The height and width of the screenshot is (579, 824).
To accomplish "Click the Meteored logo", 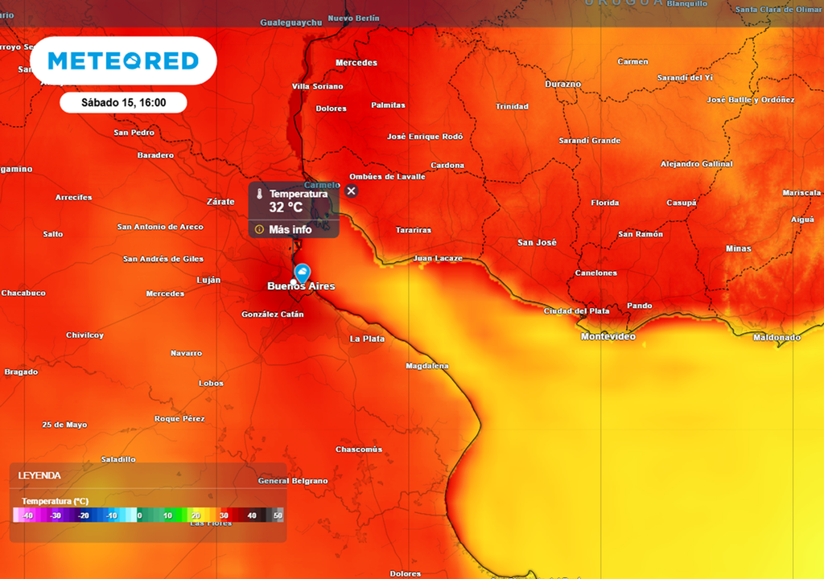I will pos(123,61).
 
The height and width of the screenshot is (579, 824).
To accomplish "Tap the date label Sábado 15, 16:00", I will pos(123,103).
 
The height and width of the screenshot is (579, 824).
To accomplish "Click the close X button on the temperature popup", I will pos(351,191).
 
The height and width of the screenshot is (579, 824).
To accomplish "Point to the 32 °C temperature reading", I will pos(286,207).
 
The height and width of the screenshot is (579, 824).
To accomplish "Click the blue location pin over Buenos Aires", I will pos(303,273).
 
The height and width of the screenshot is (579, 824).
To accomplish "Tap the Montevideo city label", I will pos(608,337).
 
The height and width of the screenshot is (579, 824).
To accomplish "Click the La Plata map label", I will pos(367,339).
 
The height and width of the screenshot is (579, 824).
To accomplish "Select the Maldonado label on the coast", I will pos(777,338).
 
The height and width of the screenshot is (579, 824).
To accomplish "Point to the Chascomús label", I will pos(359,450).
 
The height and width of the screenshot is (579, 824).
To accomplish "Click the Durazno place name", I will pos(562,84).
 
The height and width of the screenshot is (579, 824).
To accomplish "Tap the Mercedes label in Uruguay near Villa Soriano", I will pos(356,63).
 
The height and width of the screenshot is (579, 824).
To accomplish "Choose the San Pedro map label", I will pos(134,133).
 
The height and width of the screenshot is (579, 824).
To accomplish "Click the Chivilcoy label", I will pos(84,335).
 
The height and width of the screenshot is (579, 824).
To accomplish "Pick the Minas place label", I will pos(738,248).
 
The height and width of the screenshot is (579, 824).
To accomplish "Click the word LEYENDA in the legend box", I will pos(39,475).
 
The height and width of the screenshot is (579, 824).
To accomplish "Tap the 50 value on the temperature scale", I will pos(278,515).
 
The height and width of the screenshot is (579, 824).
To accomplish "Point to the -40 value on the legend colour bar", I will pos(28,515).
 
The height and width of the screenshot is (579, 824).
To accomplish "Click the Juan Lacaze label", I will pos(438,258).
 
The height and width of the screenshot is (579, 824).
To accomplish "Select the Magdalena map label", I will pos(427,366).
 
